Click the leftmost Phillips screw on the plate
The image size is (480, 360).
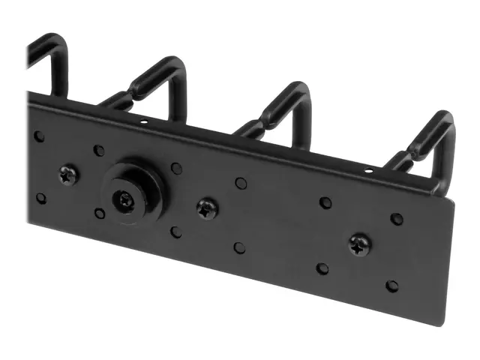click(x=67, y=175)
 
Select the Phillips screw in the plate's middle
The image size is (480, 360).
click(x=206, y=209)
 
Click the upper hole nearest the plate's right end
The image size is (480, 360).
click(x=397, y=219)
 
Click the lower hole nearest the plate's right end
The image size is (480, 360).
click(x=391, y=286)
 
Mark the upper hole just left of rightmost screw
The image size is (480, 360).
click(x=325, y=202)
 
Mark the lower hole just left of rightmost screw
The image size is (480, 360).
click(x=322, y=268)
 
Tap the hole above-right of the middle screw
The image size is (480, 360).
click(x=241, y=183)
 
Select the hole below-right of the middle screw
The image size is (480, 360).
click(x=238, y=247)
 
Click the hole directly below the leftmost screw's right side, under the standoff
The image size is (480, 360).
click(x=100, y=214)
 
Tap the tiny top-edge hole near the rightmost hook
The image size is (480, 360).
click(x=367, y=172)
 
